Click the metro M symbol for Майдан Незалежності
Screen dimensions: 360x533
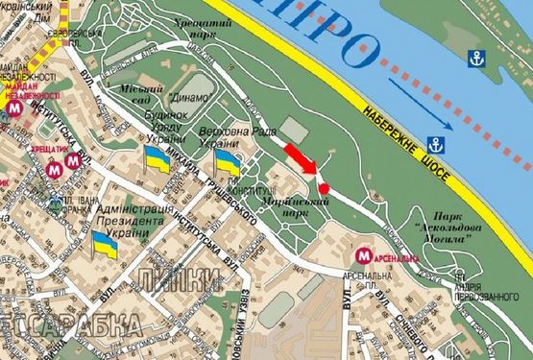click(13, 108)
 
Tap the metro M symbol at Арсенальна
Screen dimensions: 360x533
click(363, 256)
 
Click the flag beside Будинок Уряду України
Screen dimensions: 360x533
click(156, 162)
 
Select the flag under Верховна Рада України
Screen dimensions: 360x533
click(228, 162)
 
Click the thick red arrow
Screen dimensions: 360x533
click(300, 156)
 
